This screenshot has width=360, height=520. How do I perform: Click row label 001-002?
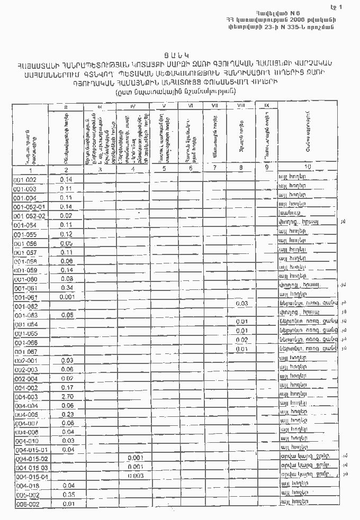[25, 180]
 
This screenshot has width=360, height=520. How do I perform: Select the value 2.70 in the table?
[67, 396]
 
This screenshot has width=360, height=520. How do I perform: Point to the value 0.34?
[67, 287]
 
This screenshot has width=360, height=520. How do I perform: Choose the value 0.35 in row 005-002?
[68, 495]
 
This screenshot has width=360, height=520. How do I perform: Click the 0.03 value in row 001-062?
[242, 304]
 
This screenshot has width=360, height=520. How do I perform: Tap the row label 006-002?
[25, 504]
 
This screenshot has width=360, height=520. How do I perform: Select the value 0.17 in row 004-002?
[67, 387]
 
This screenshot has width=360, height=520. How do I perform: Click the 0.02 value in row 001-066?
[242, 340]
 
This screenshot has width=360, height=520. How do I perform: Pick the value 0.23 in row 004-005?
[67, 414]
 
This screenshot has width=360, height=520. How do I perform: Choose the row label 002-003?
[25, 369]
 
